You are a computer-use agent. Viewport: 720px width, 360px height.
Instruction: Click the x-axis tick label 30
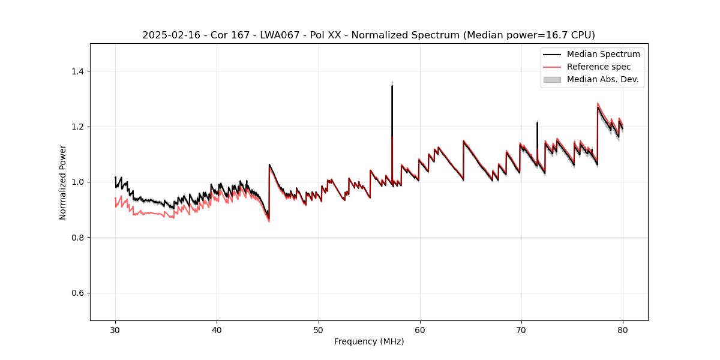(115, 329)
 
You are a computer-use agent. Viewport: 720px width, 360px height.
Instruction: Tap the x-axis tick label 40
(217, 329)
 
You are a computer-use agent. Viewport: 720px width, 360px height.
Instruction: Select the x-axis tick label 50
(318, 329)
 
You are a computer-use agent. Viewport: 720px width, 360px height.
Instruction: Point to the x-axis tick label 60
(419, 329)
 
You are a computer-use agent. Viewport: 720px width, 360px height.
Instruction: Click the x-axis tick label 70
(521, 329)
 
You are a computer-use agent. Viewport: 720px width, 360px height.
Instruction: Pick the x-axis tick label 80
(622, 329)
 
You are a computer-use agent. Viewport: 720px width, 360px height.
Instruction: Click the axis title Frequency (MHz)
(369, 341)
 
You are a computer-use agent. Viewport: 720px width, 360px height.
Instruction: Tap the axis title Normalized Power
(62, 182)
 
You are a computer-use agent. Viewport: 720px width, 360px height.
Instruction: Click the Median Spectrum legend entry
(603, 54)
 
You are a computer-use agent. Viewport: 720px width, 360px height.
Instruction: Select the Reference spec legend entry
(598, 67)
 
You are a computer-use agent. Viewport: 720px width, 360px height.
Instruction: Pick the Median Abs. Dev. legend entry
(602, 79)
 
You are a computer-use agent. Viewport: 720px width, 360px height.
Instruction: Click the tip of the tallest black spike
(392, 86)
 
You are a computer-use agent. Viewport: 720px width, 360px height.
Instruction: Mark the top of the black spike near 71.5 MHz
(537, 122)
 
